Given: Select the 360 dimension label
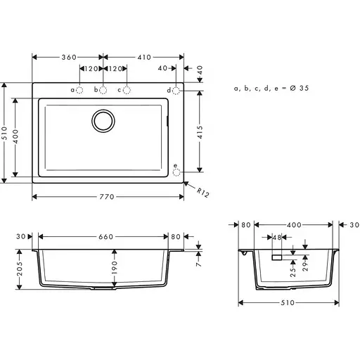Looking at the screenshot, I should (x=68, y=57).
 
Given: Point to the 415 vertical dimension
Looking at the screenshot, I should (x=200, y=130).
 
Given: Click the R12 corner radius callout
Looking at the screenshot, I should (x=203, y=191).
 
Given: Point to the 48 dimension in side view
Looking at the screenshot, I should (x=276, y=237).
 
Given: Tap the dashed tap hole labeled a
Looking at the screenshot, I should (x=80, y=90).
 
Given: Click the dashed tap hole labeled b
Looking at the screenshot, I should (x=103, y=90).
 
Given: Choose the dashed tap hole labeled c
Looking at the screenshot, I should (x=127, y=90).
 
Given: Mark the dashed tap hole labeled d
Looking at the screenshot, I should (x=176, y=90).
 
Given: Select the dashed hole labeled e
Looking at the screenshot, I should (x=176, y=169).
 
